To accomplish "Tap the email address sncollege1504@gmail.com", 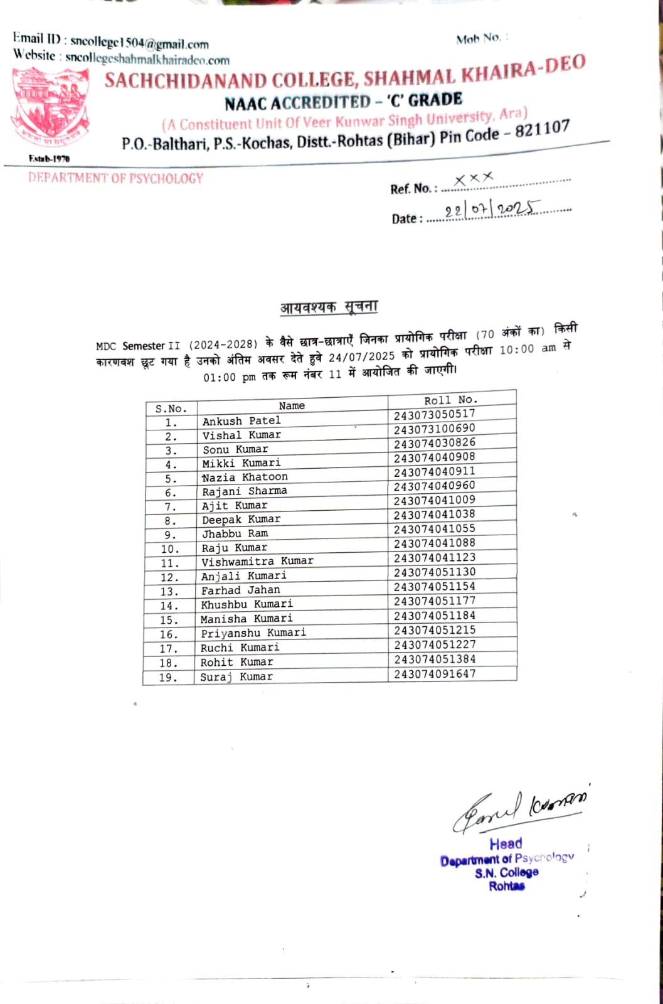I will click(x=139, y=43).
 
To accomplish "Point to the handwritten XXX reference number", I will click(x=474, y=179).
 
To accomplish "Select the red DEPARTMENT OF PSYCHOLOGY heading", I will click(x=115, y=178).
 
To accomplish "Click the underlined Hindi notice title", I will click(x=329, y=307).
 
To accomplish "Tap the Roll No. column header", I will click(x=451, y=400).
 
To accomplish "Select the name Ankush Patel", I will click(x=241, y=421).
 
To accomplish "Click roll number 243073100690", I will click(x=434, y=429).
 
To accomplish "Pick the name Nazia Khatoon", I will click(x=245, y=478).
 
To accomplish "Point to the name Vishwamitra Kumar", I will click(x=257, y=562).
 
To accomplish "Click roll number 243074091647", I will click(x=435, y=674).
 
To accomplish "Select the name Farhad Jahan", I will click(x=240, y=590).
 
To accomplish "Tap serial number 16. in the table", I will click(x=168, y=634).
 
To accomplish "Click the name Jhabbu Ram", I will click(x=235, y=534).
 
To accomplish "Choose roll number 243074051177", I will click(x=435, y=601).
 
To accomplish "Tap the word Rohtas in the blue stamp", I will click(x=507, y=886).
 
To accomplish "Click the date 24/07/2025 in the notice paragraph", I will click(x=362, y=356).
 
